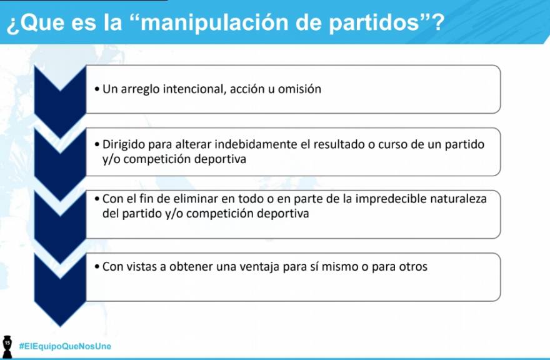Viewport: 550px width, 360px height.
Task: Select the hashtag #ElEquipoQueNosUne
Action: click(65, 346)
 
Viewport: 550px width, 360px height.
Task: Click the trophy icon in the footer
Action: click(7, 347)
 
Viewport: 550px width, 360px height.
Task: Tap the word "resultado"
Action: click(339, 144)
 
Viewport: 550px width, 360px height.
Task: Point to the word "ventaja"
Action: click(259, 267)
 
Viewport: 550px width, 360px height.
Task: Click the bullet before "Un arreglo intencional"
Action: click(97, 89)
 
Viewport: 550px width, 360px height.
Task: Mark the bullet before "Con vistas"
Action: click(97, 267)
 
